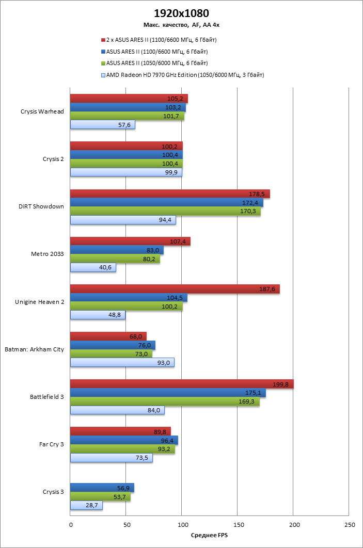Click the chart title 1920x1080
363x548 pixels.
click(182, 13)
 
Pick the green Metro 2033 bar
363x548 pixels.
click(115, 259)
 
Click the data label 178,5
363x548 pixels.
click(257, 194)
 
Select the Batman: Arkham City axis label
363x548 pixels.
click(34, 349)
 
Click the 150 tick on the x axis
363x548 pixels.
click(237, 525)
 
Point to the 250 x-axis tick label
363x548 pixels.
click(349, 525)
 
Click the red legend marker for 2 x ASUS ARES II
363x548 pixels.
click(103, 40)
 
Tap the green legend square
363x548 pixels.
click(103, 63)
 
